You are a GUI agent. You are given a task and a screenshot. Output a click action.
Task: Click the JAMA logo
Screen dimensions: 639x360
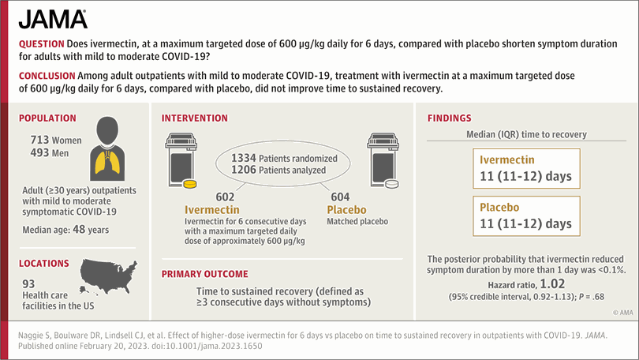pyautogui.click(x=53, y=19)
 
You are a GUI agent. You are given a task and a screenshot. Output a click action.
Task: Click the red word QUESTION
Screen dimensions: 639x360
pyautogui.click(x=42, y=44)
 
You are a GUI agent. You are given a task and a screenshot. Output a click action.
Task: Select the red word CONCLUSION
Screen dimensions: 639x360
pyautogui.click(x=47, y=76)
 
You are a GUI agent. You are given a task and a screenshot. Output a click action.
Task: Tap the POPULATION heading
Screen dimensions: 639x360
pyautogui.click(x=47, y=118)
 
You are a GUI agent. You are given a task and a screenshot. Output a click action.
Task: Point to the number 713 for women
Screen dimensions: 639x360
pyautogui.click(x=39, y=140)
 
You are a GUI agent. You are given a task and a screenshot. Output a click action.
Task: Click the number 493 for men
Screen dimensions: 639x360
pyautogui.click(x=39, y=153)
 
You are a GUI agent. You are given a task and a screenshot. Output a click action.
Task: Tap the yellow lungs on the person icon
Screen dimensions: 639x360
pyautogui.click(x=107, y=161)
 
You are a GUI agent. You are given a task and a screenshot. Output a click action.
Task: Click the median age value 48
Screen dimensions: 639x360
pyautogui.click(x=79, y=230)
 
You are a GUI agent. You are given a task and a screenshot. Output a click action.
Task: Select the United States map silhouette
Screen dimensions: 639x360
pyautogui.click(x=108, y=276)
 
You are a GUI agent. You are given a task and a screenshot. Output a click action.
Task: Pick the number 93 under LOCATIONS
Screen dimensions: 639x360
pyautogui.click(x=28, y=283)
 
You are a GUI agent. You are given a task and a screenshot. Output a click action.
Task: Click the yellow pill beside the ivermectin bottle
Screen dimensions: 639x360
pyautogui.click(x=189, y=184)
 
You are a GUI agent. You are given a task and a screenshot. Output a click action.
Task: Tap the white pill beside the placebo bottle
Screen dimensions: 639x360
pyautogui.click(x=391, y=184)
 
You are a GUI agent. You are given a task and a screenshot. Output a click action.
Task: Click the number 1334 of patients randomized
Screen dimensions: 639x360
pyautogui.click(x=244, y=158)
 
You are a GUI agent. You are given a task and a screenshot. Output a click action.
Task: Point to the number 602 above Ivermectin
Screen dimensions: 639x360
pyautogui.click(x=225, y=197)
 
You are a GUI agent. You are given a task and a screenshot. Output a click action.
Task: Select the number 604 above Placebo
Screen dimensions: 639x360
pyautogui.click(x=340, y=197)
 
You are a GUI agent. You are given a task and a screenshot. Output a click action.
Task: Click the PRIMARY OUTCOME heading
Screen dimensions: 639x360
pyautogui.click(x=204, y=274)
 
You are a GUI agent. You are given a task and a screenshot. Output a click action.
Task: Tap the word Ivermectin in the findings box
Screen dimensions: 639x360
pyautogui.click(x=507, y=159)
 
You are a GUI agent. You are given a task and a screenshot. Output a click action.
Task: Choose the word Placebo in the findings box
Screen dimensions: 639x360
pyautogui.click(x=499, y=208)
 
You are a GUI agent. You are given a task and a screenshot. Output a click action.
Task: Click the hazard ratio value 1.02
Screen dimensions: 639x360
pyautogui.click(x=552, y=283)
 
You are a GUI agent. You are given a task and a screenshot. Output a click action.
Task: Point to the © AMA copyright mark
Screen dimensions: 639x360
pyautogui.click(x=623, y=313)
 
